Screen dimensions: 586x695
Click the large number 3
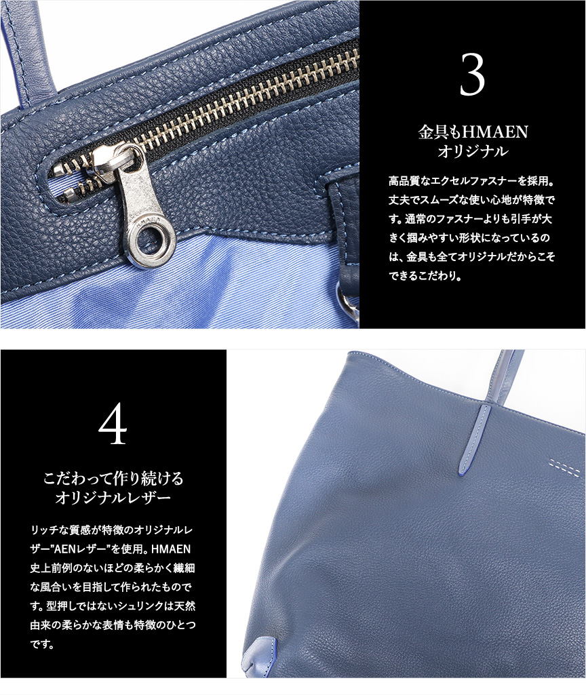(472, 74)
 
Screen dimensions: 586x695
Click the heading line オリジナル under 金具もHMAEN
(473, 152)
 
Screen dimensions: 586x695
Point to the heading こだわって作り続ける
(113, 479)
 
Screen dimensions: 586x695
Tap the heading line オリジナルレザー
(113, 498)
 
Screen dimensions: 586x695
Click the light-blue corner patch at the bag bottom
(260, 656)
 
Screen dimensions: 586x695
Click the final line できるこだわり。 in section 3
(425, 275)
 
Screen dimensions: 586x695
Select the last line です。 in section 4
(43, 644)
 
